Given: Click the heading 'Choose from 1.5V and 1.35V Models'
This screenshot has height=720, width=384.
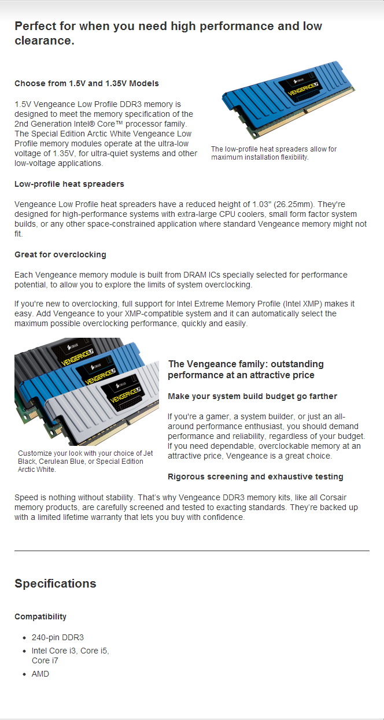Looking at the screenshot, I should click(86, 83).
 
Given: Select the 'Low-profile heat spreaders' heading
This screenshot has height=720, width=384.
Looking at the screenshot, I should click(69, 184).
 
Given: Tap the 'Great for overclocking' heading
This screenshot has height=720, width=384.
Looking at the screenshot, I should click(60, 254).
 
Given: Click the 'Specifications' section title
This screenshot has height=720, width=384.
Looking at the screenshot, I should click(55, 583).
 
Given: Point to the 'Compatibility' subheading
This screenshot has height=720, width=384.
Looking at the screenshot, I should click(40, 616).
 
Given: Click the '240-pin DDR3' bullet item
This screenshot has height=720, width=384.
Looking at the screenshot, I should click(58, 637).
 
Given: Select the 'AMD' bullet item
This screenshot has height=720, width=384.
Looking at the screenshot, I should click(40, 674).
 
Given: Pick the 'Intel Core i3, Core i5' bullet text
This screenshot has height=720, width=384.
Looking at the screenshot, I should click(70, 651).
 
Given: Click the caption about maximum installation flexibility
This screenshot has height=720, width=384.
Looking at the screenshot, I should click(273, 153).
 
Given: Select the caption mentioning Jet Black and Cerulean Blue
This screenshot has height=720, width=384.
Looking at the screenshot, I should click(85, 461).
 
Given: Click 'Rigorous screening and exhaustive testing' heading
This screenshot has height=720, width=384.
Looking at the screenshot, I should click(255, 477).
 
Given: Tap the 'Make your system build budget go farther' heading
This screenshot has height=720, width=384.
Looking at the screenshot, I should click(252, 396).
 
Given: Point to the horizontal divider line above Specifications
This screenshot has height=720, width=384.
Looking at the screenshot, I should click(191, 551).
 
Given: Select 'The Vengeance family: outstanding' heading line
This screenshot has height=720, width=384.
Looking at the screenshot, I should click(245, 364).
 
